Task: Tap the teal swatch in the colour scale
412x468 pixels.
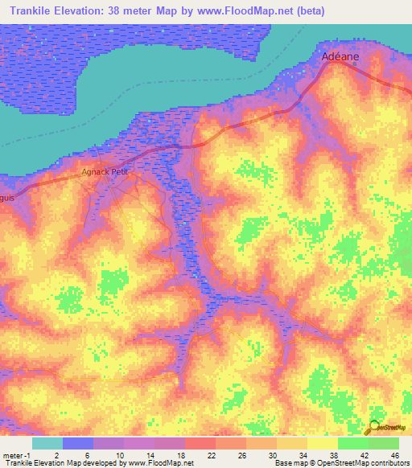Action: point(47,443)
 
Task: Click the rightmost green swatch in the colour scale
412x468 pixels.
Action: point(384,443)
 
